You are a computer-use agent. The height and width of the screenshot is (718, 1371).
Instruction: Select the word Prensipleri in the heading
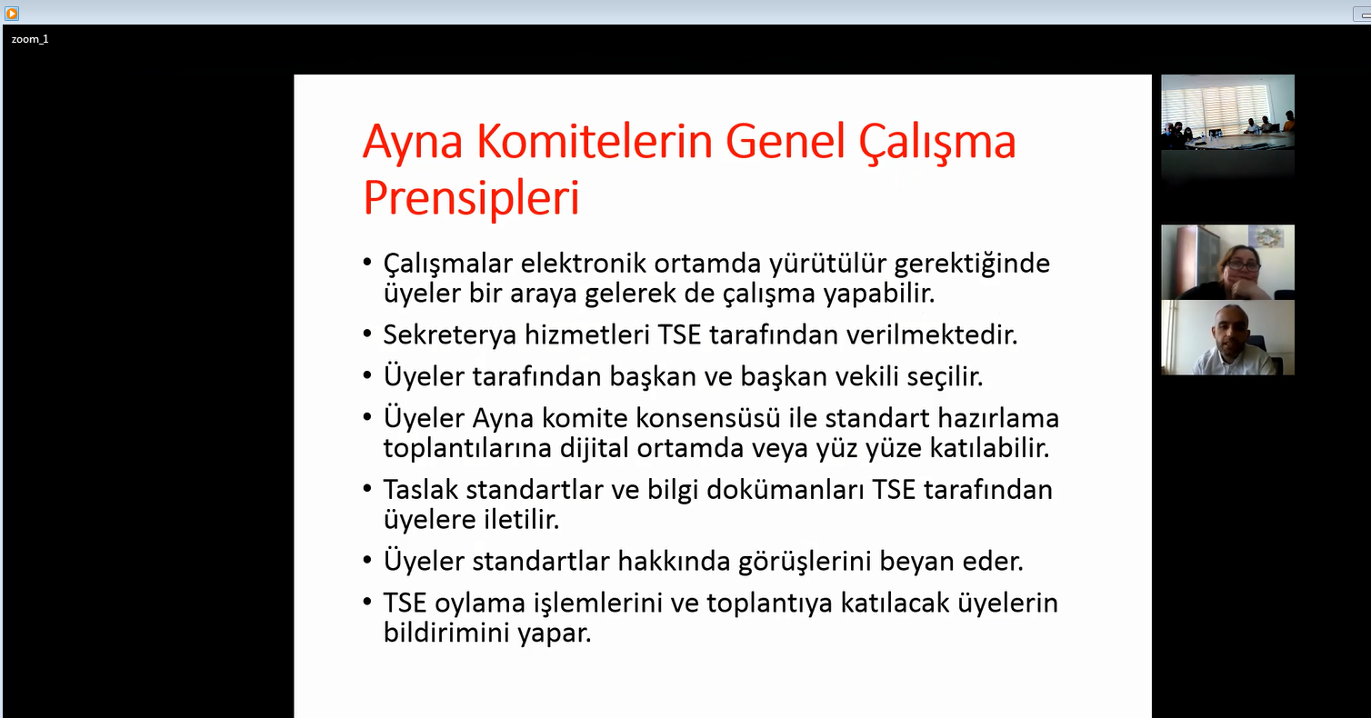[471, 198]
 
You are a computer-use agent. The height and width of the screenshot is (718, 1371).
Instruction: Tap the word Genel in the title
[786, 142]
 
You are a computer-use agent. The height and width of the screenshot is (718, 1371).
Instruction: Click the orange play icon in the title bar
[12, 13]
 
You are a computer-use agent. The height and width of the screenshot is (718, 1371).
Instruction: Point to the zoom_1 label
[30, 39]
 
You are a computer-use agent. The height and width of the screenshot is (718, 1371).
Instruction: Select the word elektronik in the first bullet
[584, 264]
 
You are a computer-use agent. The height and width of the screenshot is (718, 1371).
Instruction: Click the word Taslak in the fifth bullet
[420, 490]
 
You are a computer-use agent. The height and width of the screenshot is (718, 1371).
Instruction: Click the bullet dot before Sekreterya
[367, 334]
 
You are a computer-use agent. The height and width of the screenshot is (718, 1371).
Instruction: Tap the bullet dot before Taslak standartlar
[367, 489]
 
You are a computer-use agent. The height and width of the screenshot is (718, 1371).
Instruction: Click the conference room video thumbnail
[1227, 112]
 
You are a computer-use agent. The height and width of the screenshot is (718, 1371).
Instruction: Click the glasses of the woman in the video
[1243, 265]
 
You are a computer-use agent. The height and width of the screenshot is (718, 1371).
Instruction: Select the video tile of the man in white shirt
[1227, 337]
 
